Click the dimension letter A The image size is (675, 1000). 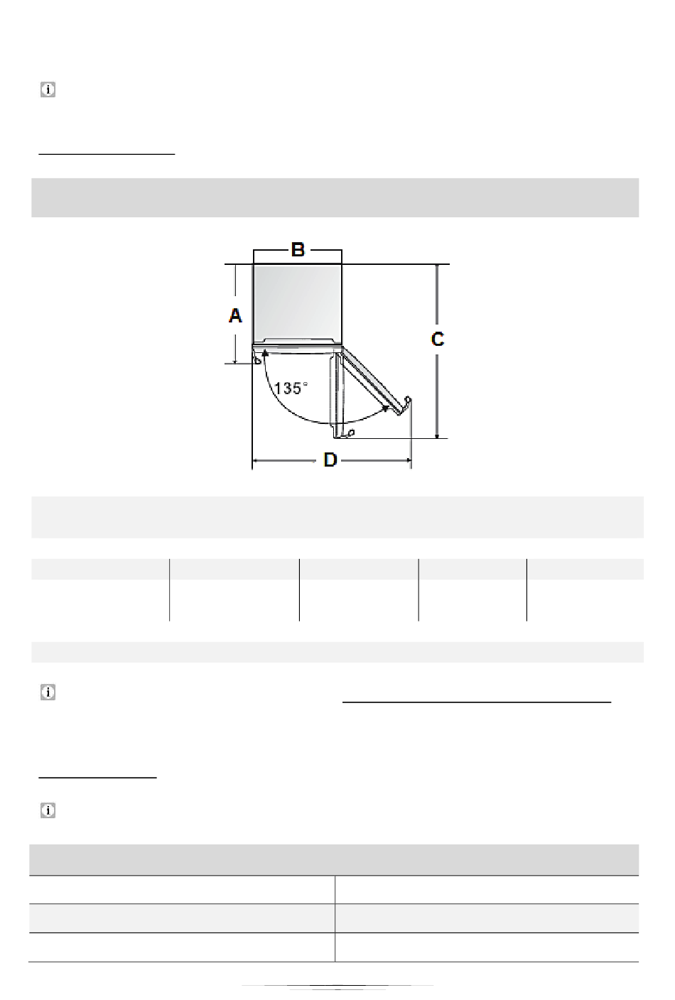[235, 315]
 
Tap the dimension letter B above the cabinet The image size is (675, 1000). [298, 249]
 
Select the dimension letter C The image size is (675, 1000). [438, 339]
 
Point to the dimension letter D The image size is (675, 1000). [330, 460]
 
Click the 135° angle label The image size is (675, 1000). [291, 388]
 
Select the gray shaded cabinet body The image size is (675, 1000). [298, 303]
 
